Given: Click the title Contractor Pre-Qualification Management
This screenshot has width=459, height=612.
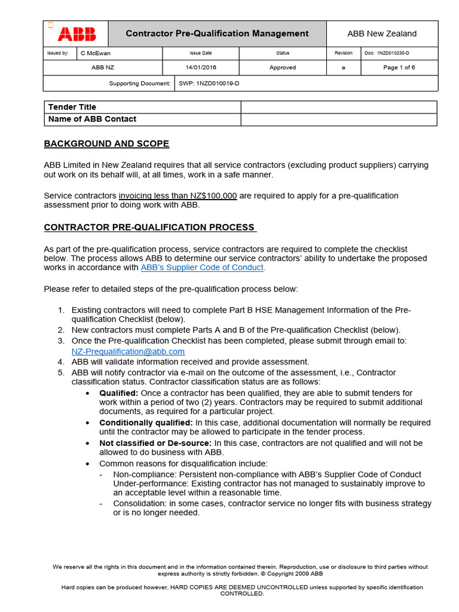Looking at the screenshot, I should [217, 33].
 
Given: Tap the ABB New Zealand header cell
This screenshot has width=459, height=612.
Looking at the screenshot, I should [382, 33].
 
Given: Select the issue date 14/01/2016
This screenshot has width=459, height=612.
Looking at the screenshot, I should [201, 68].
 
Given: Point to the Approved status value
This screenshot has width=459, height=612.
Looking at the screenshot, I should [282, 68].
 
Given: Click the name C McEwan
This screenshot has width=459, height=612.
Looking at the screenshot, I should [95, 53].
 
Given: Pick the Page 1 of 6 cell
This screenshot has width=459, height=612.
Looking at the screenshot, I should [399, 68].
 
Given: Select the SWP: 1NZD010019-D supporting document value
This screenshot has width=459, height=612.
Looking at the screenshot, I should [209, 84].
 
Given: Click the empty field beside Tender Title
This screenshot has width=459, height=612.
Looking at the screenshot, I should [338, 107].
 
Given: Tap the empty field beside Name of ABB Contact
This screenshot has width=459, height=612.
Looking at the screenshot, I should [338, 120].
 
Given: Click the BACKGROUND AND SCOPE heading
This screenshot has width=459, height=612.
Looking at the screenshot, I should [106, 144].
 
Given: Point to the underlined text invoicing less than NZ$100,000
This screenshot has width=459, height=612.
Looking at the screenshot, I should [178, 196].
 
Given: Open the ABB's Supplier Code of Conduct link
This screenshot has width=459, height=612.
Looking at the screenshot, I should [202, 268].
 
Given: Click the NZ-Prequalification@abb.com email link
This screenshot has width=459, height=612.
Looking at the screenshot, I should [128, 351].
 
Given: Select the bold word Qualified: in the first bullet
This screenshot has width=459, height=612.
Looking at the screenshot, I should [118, 393].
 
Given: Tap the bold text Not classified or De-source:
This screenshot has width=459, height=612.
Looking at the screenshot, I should [155, 443].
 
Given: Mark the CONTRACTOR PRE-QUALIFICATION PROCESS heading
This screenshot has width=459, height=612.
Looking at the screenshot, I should [150, 228].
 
